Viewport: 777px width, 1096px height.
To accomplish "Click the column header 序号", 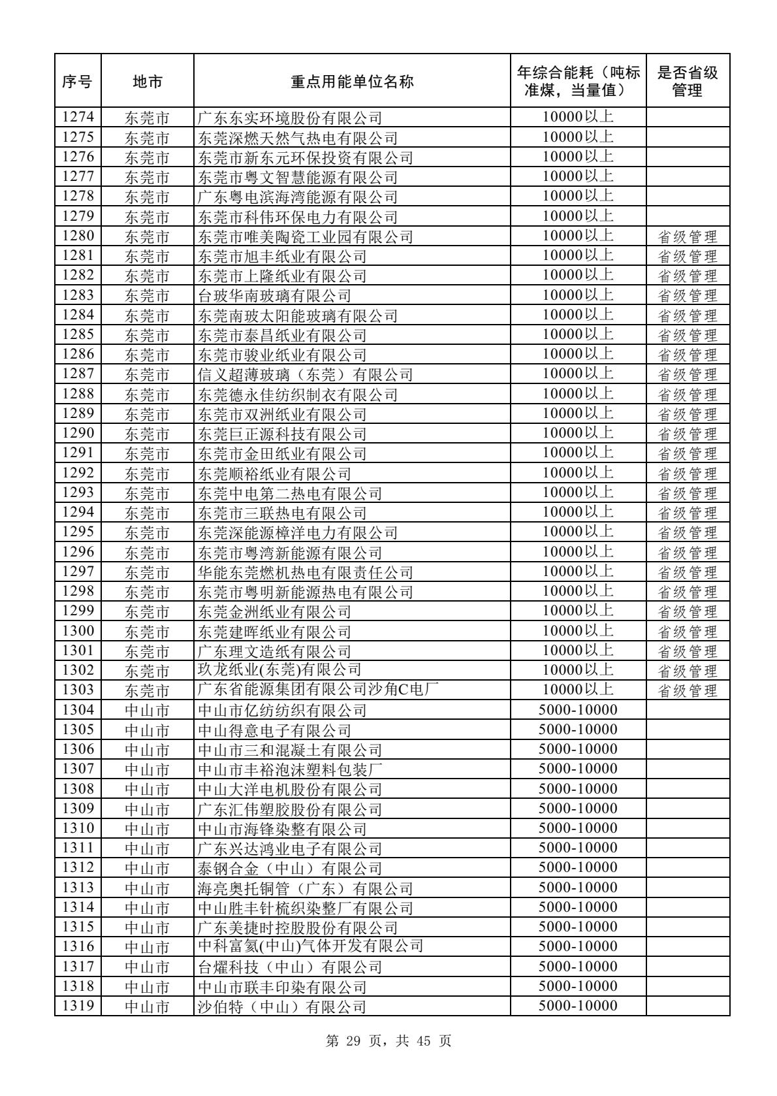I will click(x=77, y=82).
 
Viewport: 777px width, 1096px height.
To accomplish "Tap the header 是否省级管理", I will click(x=687, y=82).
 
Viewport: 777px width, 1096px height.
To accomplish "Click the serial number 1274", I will click(x=78, y=118).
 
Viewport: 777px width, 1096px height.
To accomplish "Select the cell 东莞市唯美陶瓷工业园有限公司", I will click(x=306, y=236).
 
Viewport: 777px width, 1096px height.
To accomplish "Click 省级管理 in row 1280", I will click(x=687, y=236).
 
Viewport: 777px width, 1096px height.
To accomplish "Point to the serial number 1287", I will click(x=78, y=374).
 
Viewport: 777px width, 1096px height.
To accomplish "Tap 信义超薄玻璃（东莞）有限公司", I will click(x=306, y=375).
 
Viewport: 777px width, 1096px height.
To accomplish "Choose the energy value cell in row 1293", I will click(x=578, y=492).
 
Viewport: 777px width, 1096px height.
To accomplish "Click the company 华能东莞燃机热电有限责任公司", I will click(x=306, y=572).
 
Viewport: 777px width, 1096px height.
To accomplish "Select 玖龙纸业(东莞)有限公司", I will click(x=279, y=670).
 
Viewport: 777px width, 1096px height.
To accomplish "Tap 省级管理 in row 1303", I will click(x=687, y=690).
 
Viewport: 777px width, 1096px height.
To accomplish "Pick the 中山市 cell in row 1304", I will click(x=147, y=710).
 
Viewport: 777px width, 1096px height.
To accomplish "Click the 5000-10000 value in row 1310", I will click(x=578, y=828).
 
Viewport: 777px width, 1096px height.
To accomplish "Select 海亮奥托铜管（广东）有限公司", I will click(x=306, y=888).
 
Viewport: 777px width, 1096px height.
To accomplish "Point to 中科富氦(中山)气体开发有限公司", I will click(x=311, y=946).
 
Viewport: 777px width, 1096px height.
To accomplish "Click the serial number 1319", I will click(x=78, y=1006).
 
